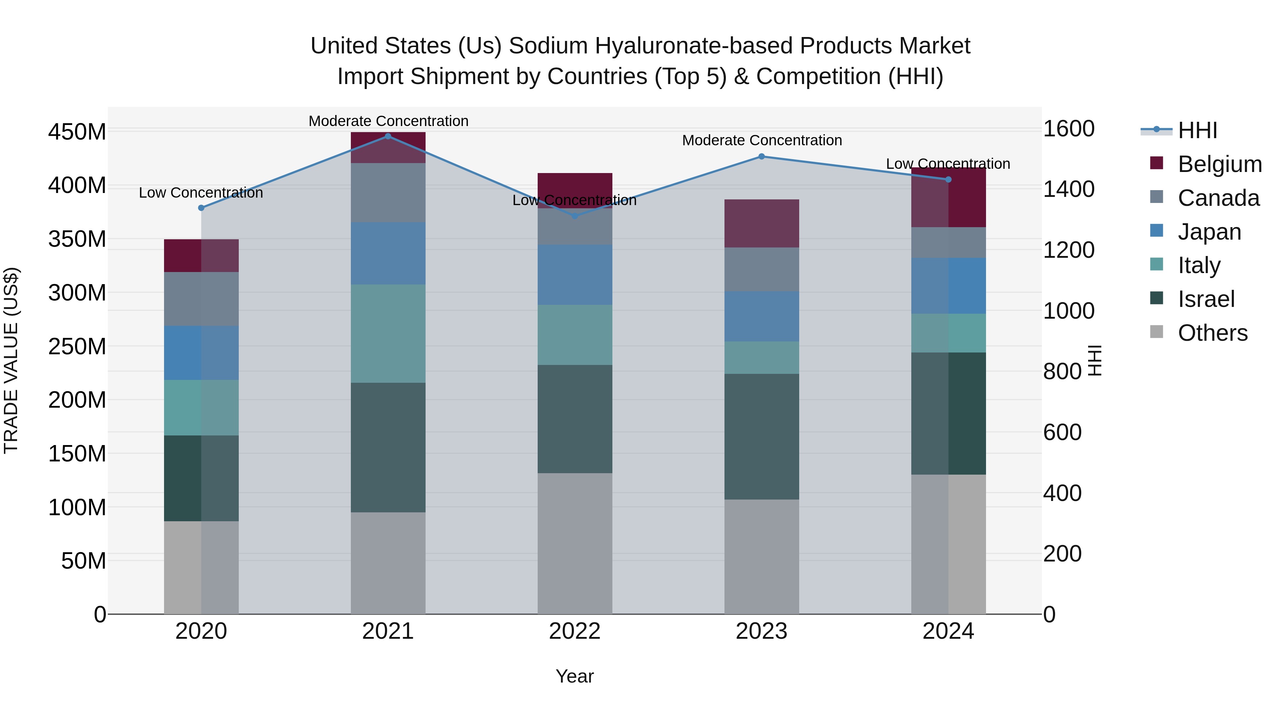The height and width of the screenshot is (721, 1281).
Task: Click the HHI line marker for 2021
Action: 388,136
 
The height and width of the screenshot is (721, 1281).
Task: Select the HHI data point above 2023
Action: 761,156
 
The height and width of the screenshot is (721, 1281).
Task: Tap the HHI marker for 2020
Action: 201,208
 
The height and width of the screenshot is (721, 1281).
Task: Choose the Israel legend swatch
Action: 1157,298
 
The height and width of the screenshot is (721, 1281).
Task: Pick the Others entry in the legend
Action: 1212,333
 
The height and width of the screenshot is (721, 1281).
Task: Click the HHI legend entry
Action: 1197,130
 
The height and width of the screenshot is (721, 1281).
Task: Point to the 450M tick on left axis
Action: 77,132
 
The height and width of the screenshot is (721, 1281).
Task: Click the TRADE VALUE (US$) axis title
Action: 11,360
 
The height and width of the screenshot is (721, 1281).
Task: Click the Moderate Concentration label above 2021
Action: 388,121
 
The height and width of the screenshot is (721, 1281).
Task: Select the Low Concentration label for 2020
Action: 201,193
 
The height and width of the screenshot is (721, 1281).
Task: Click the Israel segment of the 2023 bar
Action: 761,437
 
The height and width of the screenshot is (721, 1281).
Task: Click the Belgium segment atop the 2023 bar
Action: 761,223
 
